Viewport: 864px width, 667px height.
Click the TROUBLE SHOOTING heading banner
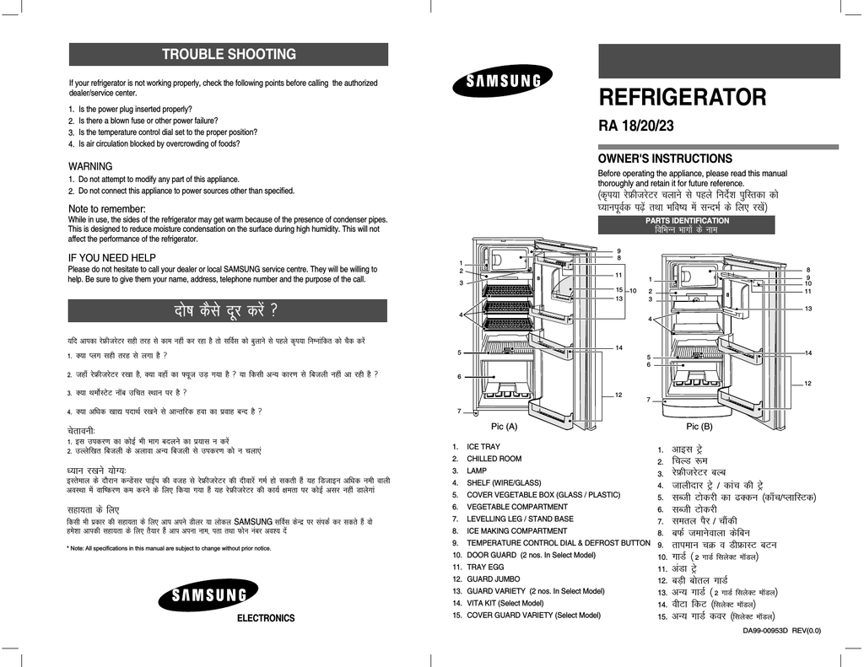228,55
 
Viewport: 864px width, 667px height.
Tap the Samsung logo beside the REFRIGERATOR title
503,80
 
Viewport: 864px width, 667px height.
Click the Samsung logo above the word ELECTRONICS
208,594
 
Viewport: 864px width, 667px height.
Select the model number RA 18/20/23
636,126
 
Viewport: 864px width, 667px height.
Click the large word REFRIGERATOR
682,97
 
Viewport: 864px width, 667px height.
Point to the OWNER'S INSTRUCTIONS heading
665,159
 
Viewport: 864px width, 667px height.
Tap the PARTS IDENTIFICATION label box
687,224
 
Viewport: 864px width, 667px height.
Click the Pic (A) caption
505,427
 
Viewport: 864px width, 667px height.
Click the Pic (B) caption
699,427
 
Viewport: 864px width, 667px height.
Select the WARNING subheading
90,166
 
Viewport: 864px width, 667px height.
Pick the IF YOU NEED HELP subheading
112,258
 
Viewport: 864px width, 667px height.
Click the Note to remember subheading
107,209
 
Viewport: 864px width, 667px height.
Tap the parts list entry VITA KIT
498,603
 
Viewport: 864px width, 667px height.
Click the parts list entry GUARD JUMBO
486,578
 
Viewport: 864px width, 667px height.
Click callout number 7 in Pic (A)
459,411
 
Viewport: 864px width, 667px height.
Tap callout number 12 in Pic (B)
807,384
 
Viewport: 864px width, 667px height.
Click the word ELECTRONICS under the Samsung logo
266,619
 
